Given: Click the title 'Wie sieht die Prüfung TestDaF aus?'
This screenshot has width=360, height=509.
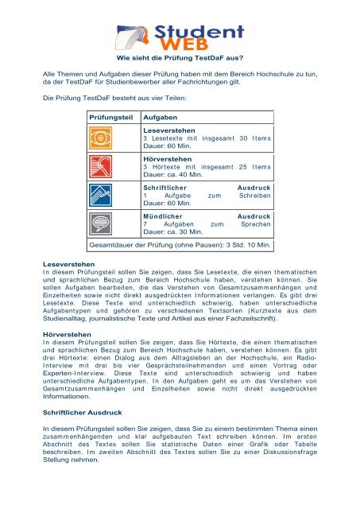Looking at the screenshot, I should (x=180, y=57).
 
